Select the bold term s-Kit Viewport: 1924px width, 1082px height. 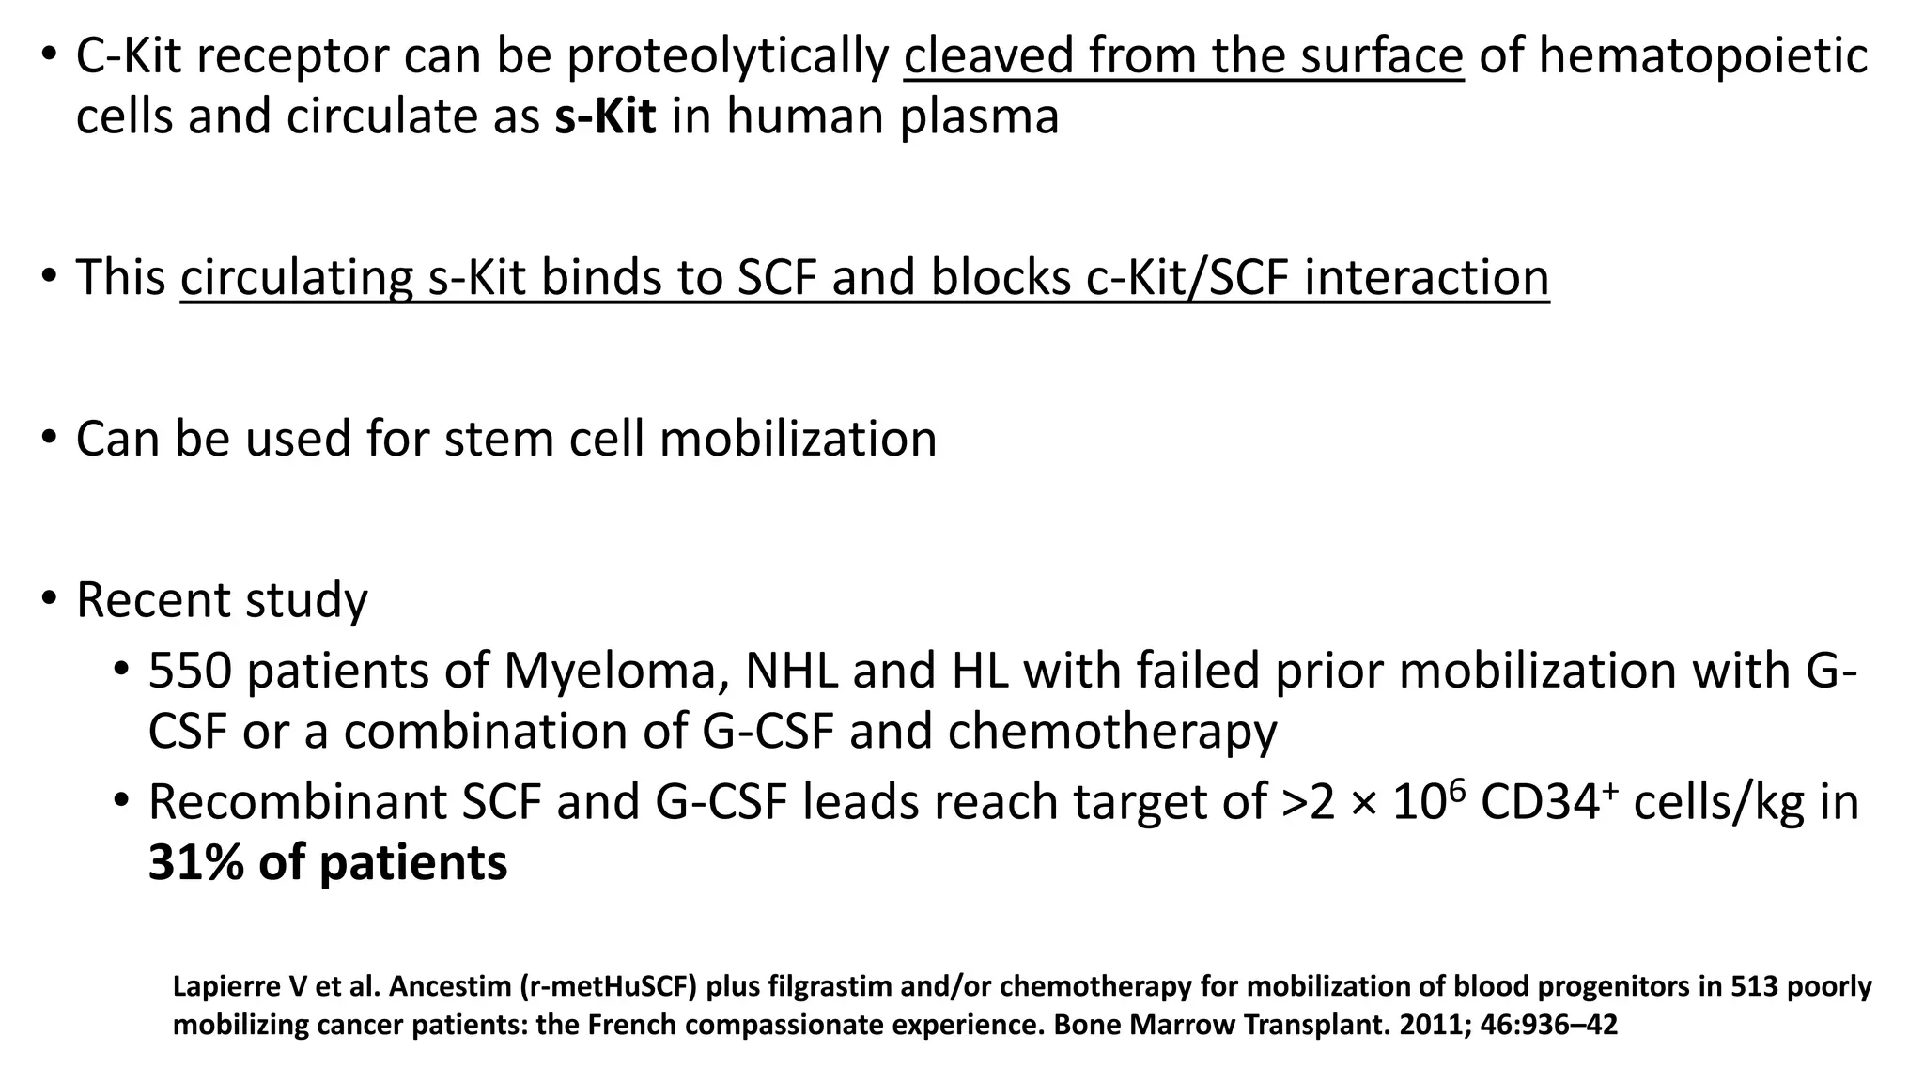coord(605,117)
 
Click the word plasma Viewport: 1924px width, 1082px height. coord(980,117)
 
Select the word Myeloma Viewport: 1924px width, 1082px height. coord(615,671)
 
